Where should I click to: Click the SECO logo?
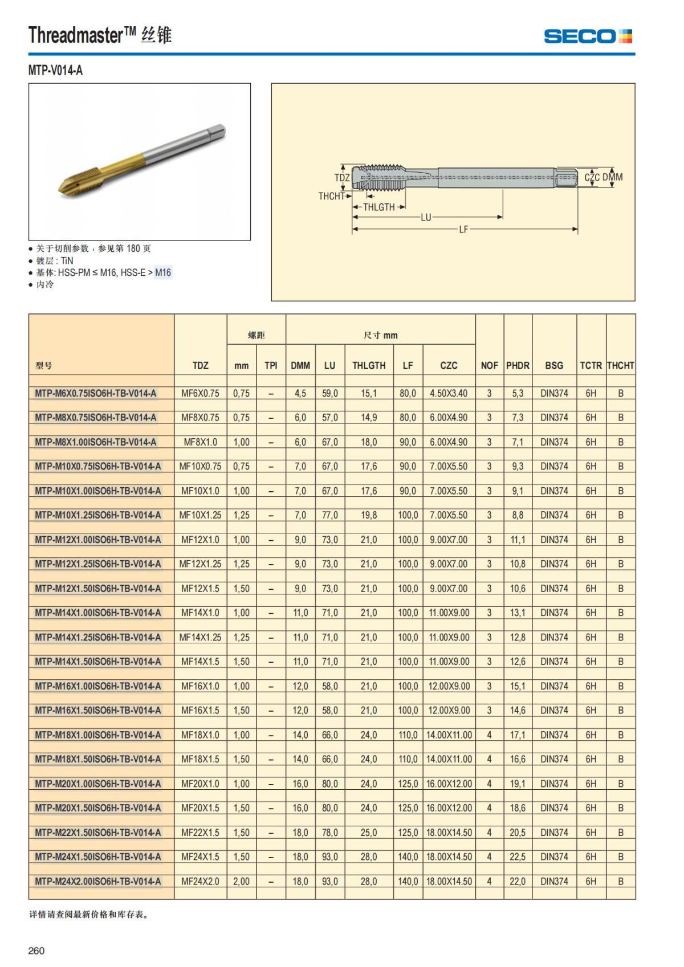(588, 36)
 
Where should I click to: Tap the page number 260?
(36, 950)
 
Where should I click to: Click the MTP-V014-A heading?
(55, 71)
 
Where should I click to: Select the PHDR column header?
(518, 365)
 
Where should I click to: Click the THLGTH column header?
(369, 365)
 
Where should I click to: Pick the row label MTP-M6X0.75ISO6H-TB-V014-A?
(96, 393)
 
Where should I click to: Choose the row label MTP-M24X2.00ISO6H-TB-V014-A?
(98, 881)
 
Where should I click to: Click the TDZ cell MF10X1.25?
(200, 515)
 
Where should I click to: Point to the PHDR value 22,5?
(518, 856)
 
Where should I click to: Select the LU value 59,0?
(329, 393)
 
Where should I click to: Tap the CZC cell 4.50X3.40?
(449, 393)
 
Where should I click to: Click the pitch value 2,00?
(241, 881)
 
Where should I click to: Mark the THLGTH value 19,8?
(369, 515)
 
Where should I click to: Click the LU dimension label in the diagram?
(426, 217)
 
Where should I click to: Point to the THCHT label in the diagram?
(331, 196)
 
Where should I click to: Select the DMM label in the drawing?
(613, 177)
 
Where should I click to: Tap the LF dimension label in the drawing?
(463, 230)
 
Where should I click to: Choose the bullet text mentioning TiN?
(55, 260)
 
